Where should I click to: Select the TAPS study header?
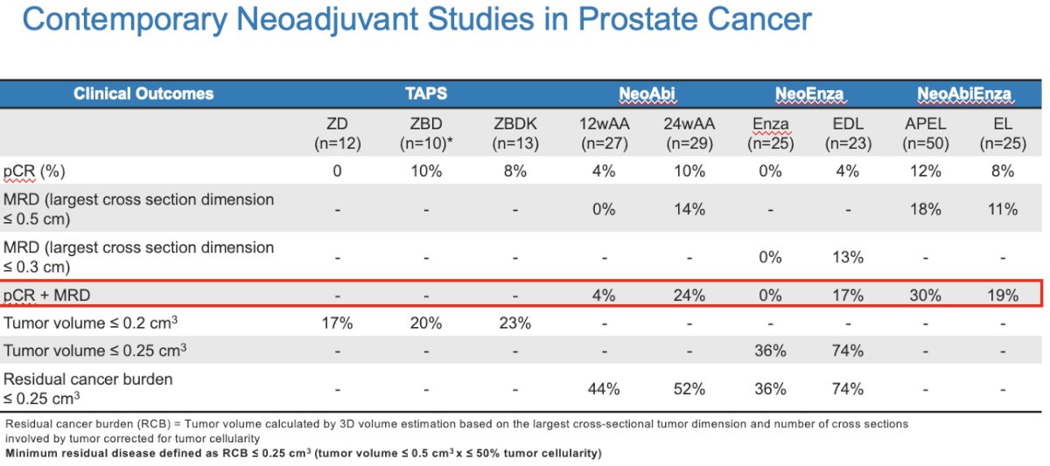coord(426,94)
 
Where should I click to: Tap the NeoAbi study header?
coord(647,94)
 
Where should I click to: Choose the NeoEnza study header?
coord(809,94)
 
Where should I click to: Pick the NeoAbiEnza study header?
coord(964,94)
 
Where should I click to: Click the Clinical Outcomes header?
coord(143,94)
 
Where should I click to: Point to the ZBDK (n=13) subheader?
coord(515,134)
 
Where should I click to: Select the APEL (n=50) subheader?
coord(926,134)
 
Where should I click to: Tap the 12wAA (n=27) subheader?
coord(605,134)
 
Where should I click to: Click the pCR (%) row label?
coord(34,171)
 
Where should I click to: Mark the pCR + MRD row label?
coord(47,296)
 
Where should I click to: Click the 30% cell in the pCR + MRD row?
coord(926,296)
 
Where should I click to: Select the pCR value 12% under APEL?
coord(926,171)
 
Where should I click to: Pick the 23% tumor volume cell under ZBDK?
coord(515,323)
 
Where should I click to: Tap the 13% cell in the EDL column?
coord(848,257)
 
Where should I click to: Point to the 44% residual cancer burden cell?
coord(605,389)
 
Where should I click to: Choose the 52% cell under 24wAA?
coord(689,389)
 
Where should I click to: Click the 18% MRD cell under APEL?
coord(926,209)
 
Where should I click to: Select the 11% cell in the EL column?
coord(1003,209)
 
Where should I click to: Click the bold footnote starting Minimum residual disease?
coord(304,454)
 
